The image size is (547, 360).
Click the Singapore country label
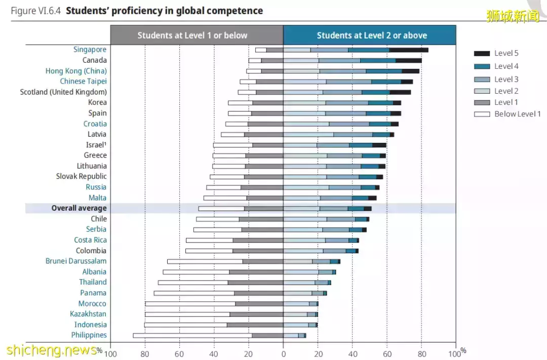(x=90, y=50)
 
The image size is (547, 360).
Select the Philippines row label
(x=89, y=335)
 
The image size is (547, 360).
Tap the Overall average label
(x=79, y=208)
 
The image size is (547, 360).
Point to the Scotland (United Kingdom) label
(x=63, y=92)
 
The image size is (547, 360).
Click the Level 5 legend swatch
(x=482, y=53)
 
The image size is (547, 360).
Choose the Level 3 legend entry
(x=506, y=79)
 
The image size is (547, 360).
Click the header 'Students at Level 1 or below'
(x=192, y=35)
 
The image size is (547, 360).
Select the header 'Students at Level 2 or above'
(x=372, y=35)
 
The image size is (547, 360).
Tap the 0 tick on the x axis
(x=283, y=353)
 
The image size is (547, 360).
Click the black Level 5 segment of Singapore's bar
(x=409, y=50)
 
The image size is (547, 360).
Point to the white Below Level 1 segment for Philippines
(x=192, y=335)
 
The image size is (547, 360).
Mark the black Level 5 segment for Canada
(x=409, y=60)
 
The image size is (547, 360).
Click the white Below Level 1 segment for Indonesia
(x=185, y=325)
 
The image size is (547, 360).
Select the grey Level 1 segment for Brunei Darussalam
(x=262, y=261)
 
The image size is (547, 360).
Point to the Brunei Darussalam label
(x=76, y=261)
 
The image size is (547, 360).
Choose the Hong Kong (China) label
(x=76, y=71)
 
